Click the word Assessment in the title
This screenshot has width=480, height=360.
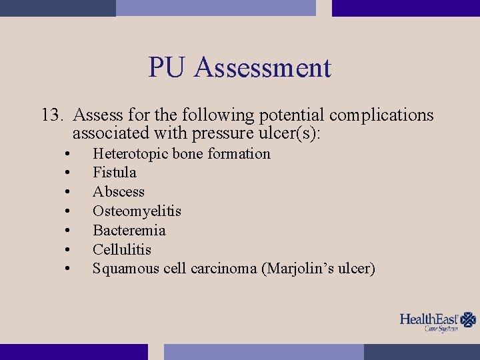(x=262, y=68)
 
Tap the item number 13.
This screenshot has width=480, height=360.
(x=53, y=115)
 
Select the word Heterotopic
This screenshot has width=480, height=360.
(x=131, y=154)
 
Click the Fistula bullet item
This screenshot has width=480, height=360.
(x=115, y=173)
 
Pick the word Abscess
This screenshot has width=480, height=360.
(x=119, y=192)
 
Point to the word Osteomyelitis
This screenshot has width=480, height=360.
(x=137, y=211)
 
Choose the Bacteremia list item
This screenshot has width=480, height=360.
(x=129, y=231)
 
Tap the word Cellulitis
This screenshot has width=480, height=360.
(x=122, y=250)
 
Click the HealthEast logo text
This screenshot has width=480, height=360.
(x=429, y=319)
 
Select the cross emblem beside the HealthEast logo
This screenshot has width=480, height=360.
(x=469, y=319)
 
